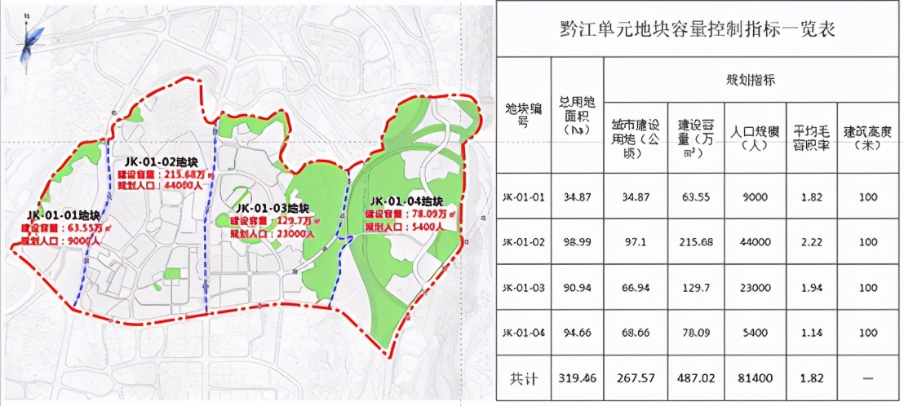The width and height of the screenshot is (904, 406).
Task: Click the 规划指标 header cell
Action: [x=750, y=80]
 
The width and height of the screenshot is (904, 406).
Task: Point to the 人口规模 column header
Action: [x=755, y=137]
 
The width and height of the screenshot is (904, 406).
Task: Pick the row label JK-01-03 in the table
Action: [x=522, y=288]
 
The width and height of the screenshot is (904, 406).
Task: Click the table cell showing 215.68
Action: [x=695, y=242]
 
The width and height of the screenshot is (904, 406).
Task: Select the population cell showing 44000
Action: [x=755, y=242]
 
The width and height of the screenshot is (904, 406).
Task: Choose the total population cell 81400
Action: [x=755, y=378]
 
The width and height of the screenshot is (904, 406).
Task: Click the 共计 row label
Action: [x=522, y=378]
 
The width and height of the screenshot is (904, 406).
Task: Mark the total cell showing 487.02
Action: [x=695, y=378]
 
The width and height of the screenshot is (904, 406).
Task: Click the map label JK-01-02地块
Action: [x=157, y=161]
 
